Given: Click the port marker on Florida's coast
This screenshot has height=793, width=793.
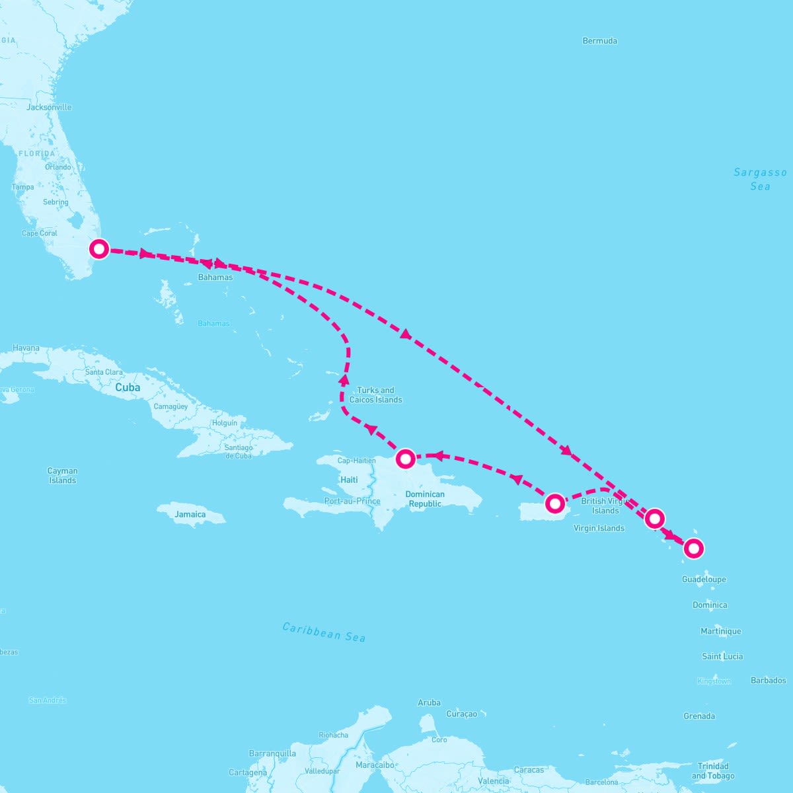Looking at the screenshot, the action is (x=98, y=249).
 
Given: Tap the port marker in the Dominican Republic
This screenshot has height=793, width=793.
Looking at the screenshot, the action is (x=405, y=458).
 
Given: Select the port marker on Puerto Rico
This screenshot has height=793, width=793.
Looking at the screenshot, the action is (x=555, y=504).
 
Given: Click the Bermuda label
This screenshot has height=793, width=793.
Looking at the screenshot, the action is (x=599, y=41).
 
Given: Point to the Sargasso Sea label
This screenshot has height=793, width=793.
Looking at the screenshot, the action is (x=760, y=179).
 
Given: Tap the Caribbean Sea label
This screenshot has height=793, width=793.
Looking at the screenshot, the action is (x=324, y=632).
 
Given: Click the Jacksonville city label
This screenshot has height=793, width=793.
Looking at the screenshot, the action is (x=49, y=107).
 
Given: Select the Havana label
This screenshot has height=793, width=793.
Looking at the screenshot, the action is (x=26, y=348).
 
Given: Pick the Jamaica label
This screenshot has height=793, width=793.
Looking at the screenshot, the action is (x=190, y=514).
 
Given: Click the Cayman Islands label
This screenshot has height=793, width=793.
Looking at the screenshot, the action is (x=63, y=476).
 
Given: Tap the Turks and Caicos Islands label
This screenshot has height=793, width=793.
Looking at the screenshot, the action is (x=375, y=395).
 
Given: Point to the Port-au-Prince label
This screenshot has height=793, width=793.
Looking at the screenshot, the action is (x=352, y=501).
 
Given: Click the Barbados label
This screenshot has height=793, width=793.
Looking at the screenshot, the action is (x=769, y=680).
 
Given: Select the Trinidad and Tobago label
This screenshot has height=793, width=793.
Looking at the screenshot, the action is (x=712, y=771).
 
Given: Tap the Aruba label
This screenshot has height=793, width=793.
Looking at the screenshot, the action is (x=429, y=702).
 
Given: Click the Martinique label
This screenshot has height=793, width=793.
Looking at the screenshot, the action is (x=721, y=631).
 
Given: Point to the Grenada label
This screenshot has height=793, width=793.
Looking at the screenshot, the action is (x=699, y=716).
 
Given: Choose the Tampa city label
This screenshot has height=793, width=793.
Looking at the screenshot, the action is (x=22, y=187).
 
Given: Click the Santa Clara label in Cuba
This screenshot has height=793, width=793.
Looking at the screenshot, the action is (x=104, y=372).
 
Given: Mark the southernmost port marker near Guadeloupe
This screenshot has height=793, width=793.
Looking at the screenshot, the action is (x=693, y=548).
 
